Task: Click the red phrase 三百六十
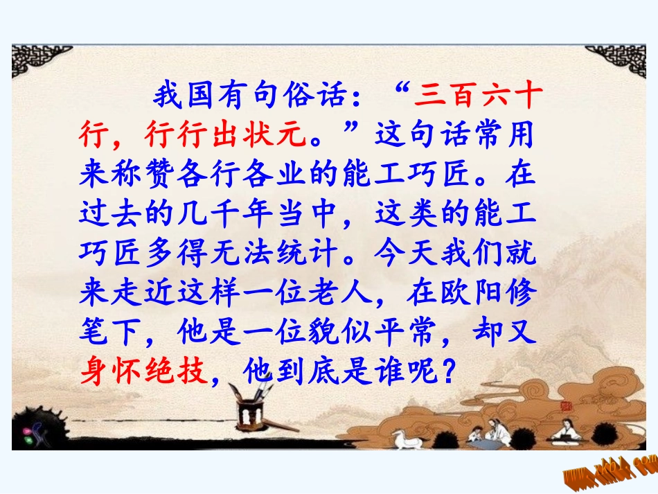[476, 96]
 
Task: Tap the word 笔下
[111, 333]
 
